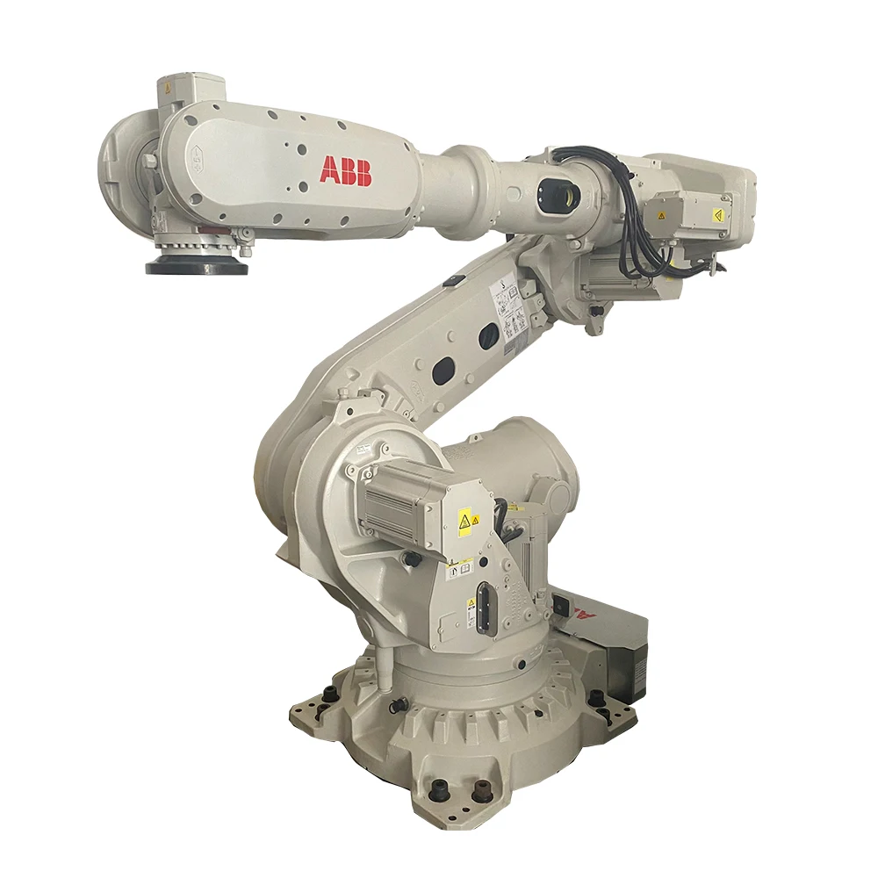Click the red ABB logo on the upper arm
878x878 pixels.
pyautogui.click(x=345, y=170)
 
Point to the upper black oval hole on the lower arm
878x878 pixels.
pyautogui.click(x=488, y=336)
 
